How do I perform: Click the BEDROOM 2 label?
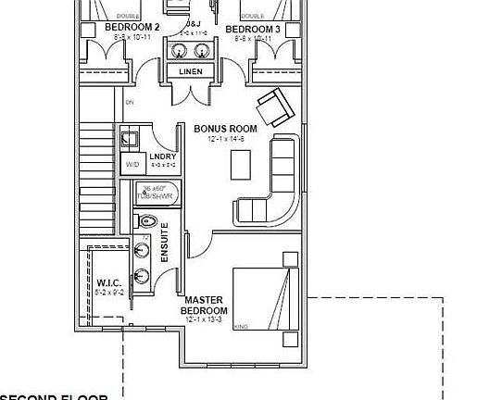tap(132, 29)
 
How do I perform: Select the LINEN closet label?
tap(192, 71)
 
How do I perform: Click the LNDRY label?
tap(162, 156)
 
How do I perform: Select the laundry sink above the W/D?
tap(130, 140)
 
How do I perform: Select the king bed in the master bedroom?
tap(266, 297)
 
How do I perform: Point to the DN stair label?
tap(130, 103)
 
